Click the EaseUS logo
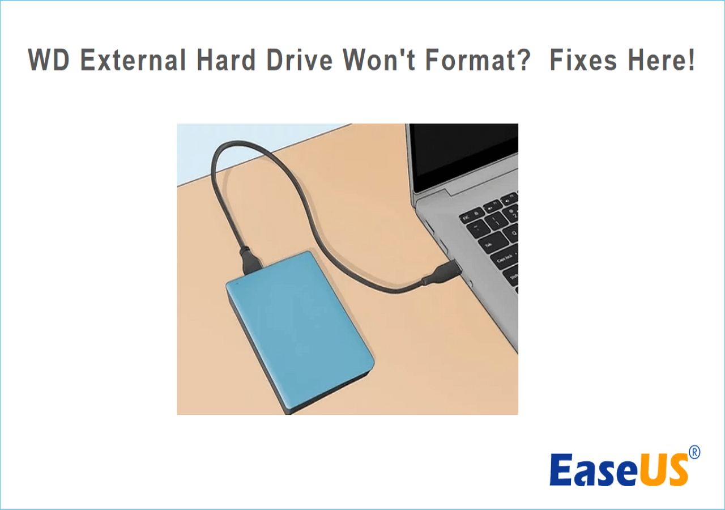click(619, 469)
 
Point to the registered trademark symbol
click(694, 452)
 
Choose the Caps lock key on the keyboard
click(504, 262)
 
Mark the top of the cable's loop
click(232, 143)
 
